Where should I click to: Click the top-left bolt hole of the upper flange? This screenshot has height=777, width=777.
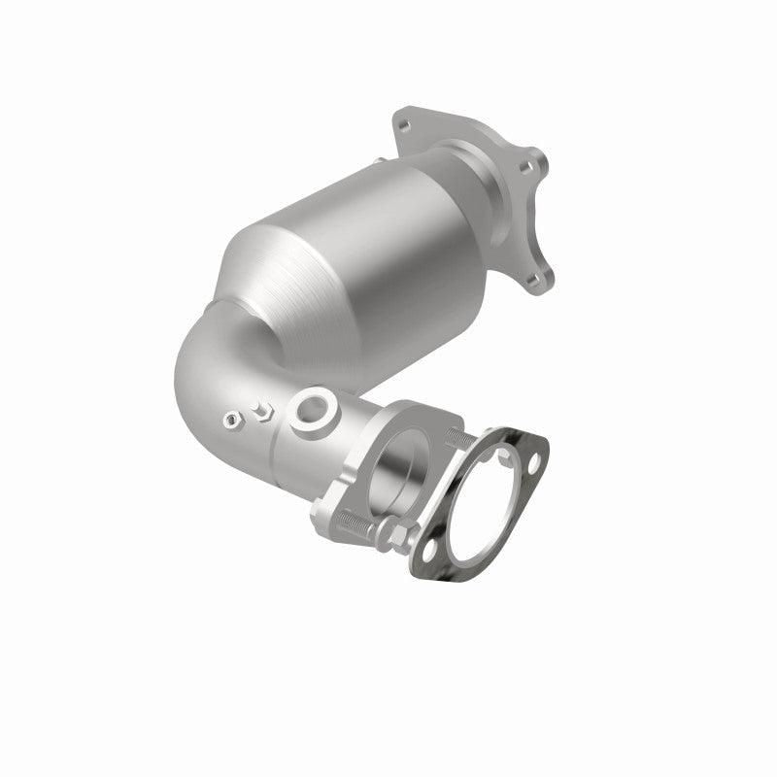pos(404,123)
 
